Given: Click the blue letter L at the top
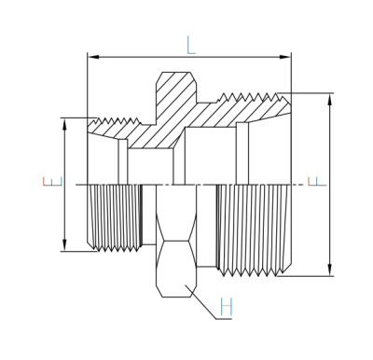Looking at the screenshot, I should pyautogui.click(x=190, y=44).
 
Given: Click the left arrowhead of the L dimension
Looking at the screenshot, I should pyautogui.click(x=92, y=57).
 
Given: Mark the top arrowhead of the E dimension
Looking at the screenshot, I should pyautogui.click(x=64, y=122).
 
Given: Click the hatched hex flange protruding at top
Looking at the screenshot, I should pyautogui.click(x=173, y=93).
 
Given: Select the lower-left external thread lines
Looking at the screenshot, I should pyautogui.click(x=114, y=216).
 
